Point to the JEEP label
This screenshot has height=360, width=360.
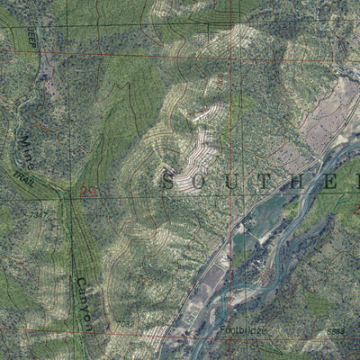tap(32, 38)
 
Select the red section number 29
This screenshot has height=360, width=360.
tap(88, 192)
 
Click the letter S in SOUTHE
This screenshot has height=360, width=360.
tap(168, 182)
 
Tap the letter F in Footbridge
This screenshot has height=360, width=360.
tap(222, 330)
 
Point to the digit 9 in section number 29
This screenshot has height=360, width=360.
tap(93, 192)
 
